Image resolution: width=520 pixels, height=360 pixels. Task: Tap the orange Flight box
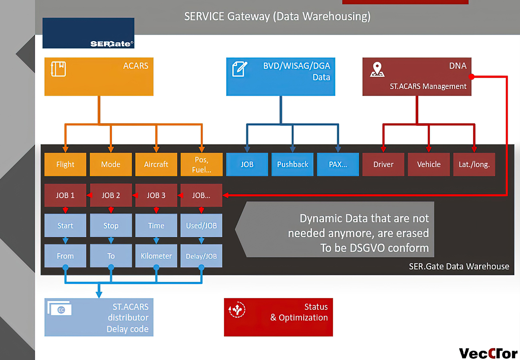point(65,164)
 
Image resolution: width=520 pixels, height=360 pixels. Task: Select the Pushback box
point(292,164)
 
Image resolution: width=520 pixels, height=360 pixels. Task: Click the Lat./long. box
point(474,164)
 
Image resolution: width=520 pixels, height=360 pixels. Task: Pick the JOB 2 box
point(111,195)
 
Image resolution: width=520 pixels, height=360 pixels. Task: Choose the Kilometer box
point(156,256)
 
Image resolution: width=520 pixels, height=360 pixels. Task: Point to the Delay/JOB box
point(201,256)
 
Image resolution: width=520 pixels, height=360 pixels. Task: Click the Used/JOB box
point(201,225)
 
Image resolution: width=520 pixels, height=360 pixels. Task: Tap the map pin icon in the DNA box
point(377,69)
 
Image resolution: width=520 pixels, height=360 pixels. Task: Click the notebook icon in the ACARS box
point(58,69)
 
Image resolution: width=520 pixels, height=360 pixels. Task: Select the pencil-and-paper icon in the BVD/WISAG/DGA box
point(240,69)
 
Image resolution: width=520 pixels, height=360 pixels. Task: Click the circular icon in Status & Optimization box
point(237,310)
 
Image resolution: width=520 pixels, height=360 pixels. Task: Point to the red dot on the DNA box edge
point(472,76)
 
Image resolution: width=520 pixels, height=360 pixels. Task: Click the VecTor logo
point(488,353)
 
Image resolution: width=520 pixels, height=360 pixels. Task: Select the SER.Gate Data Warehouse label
point(459,266)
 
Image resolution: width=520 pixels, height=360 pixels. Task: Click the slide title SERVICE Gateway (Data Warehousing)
point(278,16)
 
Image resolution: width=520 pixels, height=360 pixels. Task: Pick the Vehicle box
point(429,164)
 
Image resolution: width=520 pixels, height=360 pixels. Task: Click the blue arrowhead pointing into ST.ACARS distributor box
point(99,295)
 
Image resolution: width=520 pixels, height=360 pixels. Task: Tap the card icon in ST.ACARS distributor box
point(60,308)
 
